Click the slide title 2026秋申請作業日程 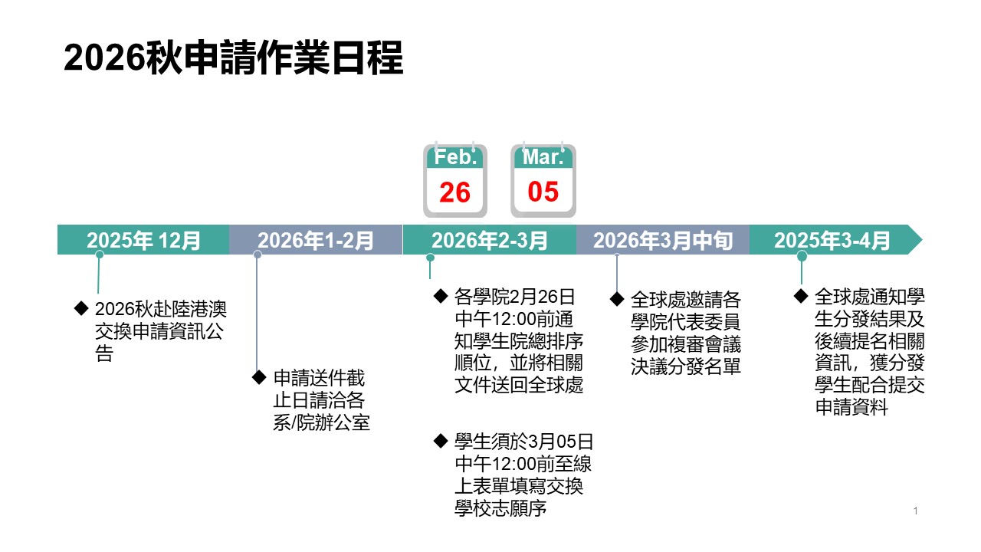click(x=233, y=58)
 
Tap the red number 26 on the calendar click(x=454, y=192)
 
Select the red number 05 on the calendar click(x=543, y=192)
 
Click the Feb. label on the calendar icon click(x=455, y=158)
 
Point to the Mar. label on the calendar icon click(x=543, y=158)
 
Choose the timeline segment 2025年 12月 click(x=143, y=241)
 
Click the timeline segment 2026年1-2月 click(x=316, y=241)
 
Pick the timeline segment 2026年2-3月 click(x=489, y=241)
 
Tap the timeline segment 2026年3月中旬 click(x=662, y=241)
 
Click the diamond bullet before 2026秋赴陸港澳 click(x=80, y=307)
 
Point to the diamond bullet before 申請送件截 click(x=258, y=376)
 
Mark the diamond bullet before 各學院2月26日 click(x=440, y=295)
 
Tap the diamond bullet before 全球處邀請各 click(x=616, y=297)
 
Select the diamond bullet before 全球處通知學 click(x=801, y=295)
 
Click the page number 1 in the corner click(x=916, y=511)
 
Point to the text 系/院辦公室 click(x=321, y=422)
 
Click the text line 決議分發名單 click(x=685, y=366)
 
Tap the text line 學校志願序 click(x=500, y=508)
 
